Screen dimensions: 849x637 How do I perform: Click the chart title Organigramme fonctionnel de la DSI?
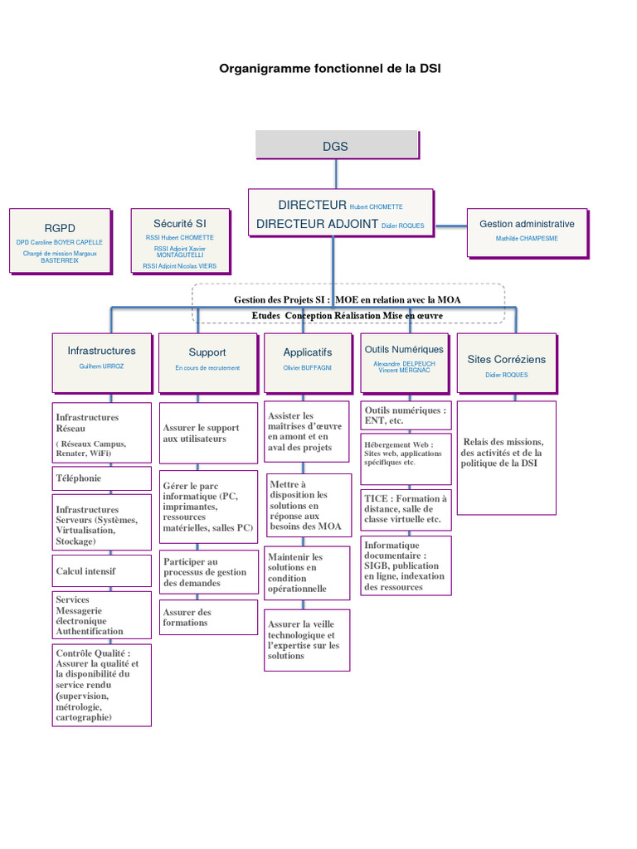click(x=329, y=69)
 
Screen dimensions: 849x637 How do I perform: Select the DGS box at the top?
click(x=336, y=146)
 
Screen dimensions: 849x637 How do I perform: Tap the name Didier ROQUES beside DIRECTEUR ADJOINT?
click(x=403, y=225)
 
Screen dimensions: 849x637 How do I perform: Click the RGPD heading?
click(x=60, y=228)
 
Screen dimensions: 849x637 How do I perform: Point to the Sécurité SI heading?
click(x=179, y=223)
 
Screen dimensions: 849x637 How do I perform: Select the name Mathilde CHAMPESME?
click(x=527, y=239)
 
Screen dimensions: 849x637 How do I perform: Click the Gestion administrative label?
click(x=527, y=224)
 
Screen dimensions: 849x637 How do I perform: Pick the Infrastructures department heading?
click(x=101, y=351)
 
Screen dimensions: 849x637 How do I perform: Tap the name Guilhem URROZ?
click(x=101, y=366)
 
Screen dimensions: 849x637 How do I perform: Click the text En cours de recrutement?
click(x=207, y=367)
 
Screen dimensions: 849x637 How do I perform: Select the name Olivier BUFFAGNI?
click(x=307, y=367)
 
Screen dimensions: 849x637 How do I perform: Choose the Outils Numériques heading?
click(x=404, y=350)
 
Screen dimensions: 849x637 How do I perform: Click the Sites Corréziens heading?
click(x=506, y=359)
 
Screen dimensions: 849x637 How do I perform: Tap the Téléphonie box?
click(x=101, y=478)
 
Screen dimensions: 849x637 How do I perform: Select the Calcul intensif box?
click(x=101, y=571)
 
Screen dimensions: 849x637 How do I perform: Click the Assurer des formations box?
click(x=207, y=618)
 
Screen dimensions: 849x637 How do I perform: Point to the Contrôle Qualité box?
click(x=101, y=685)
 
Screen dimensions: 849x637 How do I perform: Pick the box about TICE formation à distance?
click(x=406, y=509)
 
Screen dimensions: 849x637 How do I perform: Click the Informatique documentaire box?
click(x=406, y=565)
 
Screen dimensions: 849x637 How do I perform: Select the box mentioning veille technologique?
click(x=305, y=640)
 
